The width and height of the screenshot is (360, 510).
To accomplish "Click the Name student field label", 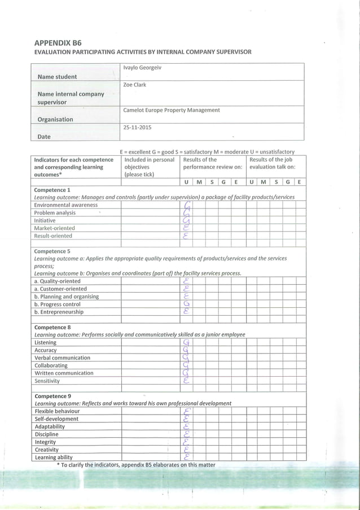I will [x=57, y=77].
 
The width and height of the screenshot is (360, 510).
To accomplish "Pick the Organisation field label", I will [x=55, y=119].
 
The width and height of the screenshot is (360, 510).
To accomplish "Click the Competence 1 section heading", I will [x=52, y=190].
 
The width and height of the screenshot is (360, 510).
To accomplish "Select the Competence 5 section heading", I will [x=52, y=251].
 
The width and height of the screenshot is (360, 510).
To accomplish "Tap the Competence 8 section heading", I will [x=52, y=327].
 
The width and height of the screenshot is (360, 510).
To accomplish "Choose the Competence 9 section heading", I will [x=52, y=396].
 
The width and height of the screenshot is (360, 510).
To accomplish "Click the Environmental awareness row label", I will [x=66, y=205].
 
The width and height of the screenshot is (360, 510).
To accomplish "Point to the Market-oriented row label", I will [x=55, y=228].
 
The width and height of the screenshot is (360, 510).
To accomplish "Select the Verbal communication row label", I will [x=62, y=358].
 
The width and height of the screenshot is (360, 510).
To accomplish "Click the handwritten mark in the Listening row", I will [x=186, y=343].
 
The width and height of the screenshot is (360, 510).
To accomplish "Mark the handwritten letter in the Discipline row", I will [x=186, y=435].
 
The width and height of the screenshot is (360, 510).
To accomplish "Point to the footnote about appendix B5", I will [x=135, y=465].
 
